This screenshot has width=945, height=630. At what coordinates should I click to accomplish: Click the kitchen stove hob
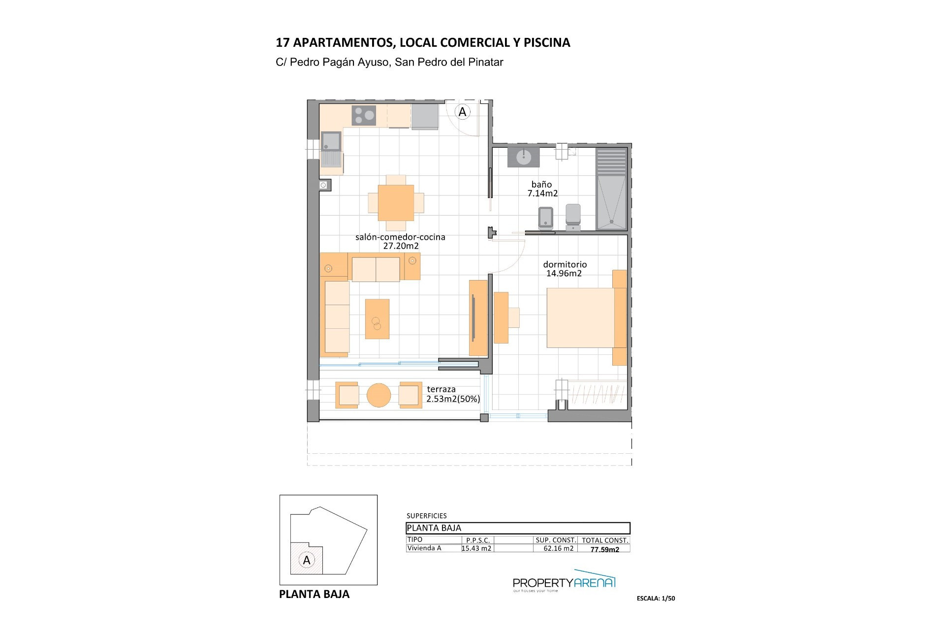point(364,116)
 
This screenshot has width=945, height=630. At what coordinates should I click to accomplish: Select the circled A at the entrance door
point(462,112)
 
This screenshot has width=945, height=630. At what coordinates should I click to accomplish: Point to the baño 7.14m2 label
point(542,189)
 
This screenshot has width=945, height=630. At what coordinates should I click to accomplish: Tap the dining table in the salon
point(396,203)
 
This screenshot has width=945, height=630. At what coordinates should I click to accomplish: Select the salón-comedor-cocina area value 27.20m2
point(401,246)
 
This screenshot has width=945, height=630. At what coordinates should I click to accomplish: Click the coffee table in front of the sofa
point(377,319)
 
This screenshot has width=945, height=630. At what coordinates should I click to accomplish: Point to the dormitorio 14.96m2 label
point(565,269)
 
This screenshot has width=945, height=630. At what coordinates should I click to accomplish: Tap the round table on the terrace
point(379,395)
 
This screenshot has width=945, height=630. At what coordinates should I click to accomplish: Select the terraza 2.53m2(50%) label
point(453,394)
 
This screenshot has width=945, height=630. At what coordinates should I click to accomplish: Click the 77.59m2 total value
point(605,549)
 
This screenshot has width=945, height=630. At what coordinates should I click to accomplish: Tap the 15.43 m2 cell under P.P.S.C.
point(476,548)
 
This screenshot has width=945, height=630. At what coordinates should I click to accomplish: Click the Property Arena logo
point(564,584)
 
